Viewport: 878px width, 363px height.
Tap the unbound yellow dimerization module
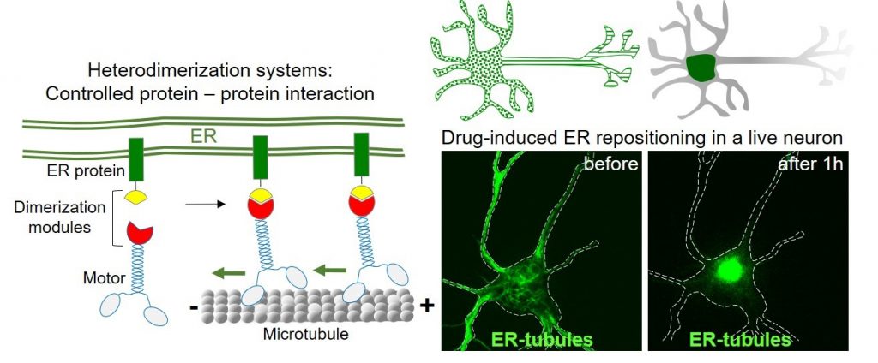point(135,198)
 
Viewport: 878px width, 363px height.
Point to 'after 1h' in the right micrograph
point(815,164)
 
